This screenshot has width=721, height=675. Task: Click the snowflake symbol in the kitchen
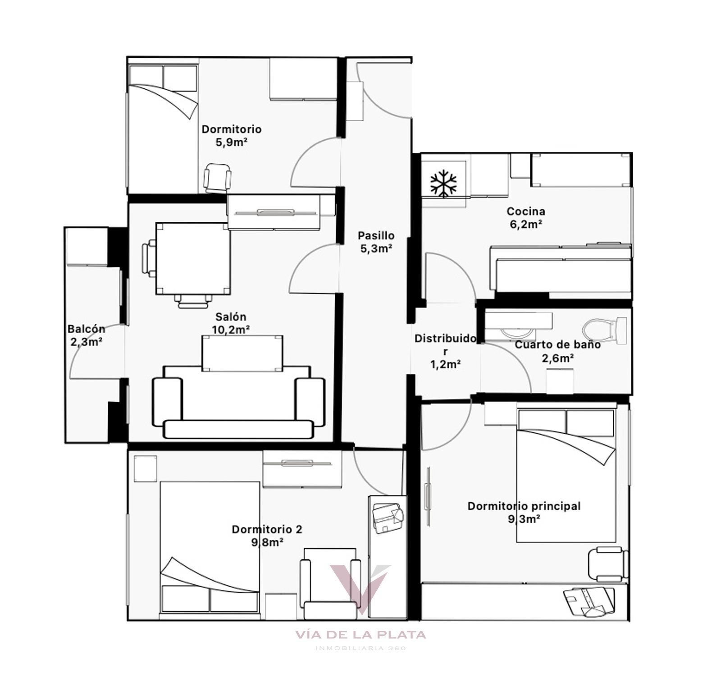(x=443, y=184)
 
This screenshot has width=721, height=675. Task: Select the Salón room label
(x=231, y=317)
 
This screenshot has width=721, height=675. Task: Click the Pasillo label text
(x=376, y=235)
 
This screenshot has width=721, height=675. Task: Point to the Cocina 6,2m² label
(x=526, y=217)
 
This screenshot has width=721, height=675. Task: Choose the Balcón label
(x=86, y=329)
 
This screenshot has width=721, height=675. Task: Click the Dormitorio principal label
(x=524, y=506)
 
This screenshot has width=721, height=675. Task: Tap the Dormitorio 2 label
(x=267, y=529)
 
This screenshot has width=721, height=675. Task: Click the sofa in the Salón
(x=239, y=402)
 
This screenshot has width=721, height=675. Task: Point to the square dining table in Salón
(x=193, y=258)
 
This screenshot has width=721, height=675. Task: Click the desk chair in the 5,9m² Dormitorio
(x=218, y=179)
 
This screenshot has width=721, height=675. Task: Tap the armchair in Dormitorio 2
(x=330, y=583)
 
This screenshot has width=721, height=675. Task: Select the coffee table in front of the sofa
(x=242, y=354)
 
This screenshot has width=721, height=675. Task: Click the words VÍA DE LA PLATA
(x=360, y=635)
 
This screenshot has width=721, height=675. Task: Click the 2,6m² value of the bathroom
(x=557, y=358)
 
